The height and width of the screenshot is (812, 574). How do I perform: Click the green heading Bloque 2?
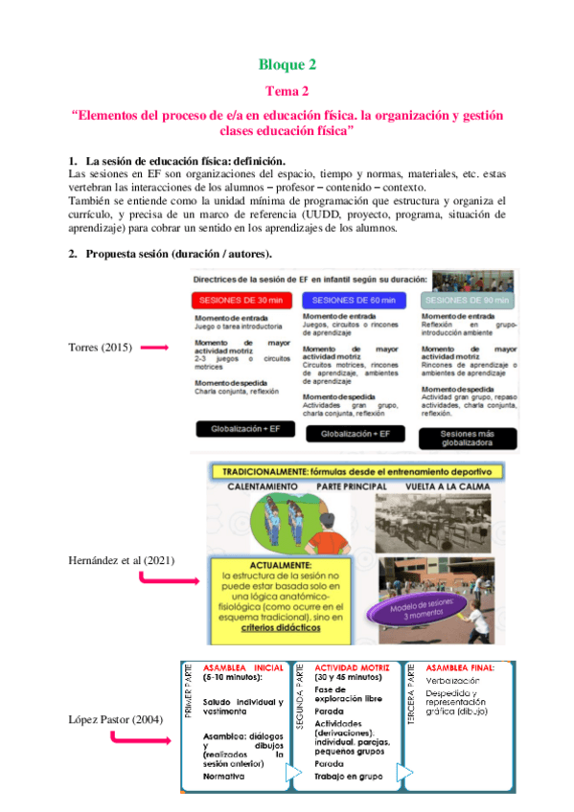click(x=287, y=65)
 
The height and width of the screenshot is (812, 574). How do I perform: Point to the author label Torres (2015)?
click(x=99, y=348)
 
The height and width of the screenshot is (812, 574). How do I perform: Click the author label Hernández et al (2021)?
click(x=122, y=560)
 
